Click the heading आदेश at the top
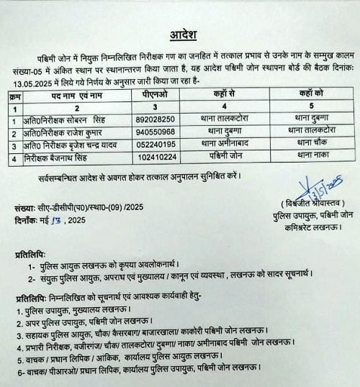coord(181,34)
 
